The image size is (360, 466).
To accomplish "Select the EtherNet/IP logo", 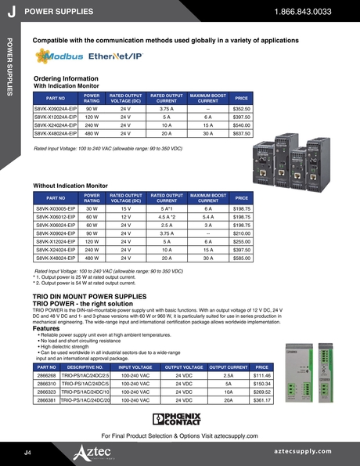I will pos(115,57).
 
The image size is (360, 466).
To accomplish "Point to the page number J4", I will pos(27,453).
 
